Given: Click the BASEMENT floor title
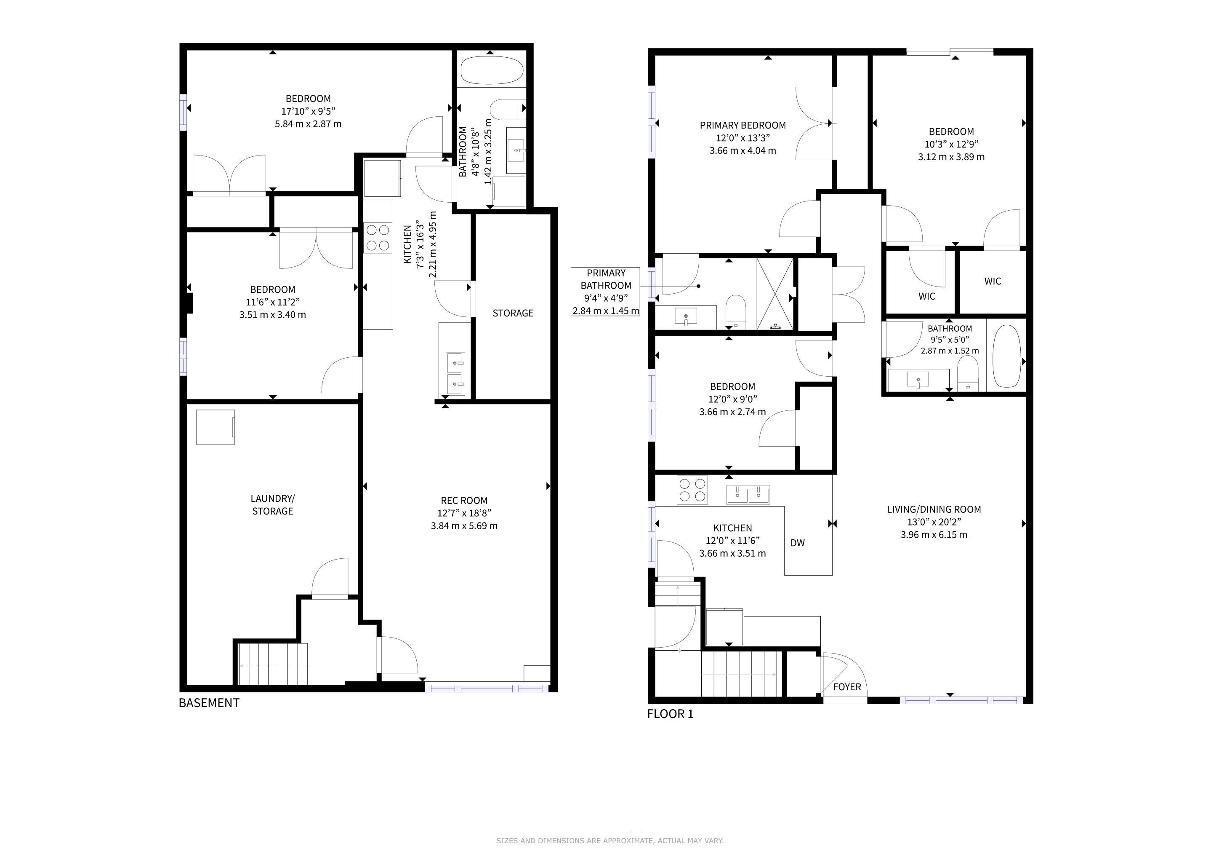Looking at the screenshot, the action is [209, 702].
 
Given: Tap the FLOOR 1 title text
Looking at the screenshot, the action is [670, 714].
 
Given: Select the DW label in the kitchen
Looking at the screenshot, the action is [798, 543].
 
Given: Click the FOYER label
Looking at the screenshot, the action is [847, 686].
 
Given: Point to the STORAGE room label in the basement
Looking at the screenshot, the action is [513, 313].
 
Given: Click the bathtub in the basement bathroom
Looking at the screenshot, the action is [492, 70].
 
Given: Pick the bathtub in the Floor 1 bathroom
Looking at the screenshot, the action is [1006, 356].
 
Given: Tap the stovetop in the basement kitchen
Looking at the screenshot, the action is [378, 238].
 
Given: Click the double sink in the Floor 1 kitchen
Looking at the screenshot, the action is [748, 494].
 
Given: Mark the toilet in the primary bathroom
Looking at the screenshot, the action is [736, 311].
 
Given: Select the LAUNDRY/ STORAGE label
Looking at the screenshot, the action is [272, 504].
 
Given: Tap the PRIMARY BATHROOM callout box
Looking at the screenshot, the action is [605, 292].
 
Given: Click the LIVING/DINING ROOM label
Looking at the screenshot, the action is [934, 509].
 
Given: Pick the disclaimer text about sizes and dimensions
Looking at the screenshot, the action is [609, 840].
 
